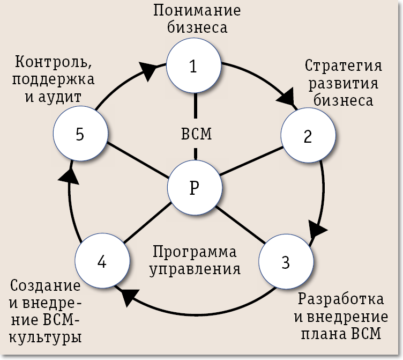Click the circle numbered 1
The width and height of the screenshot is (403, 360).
click(193, 66)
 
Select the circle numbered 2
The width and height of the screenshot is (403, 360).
click(307, 137)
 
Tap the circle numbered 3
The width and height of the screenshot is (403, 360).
click(285, 262)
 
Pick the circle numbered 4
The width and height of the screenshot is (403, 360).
click(102, 262)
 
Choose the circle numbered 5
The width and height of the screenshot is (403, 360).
click(80, 134)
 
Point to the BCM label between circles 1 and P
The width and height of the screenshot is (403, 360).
click(194, 134)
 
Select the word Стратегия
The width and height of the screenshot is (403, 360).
click(343, 66)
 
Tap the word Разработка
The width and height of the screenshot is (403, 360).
click(341, 299)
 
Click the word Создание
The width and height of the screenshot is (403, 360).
click(46, 286)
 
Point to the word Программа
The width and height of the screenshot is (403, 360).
click(195, 251)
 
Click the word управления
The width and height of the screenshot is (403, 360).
click(195, 268)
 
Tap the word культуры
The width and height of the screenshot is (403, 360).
click(46, 338)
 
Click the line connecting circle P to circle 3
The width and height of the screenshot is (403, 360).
click(240, 225)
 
